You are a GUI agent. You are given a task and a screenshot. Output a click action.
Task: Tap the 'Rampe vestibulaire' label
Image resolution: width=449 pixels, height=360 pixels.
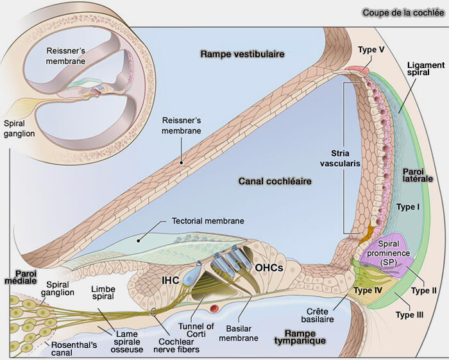(242, 55)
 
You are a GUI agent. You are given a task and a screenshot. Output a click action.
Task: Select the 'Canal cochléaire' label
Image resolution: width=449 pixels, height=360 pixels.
(274, 182)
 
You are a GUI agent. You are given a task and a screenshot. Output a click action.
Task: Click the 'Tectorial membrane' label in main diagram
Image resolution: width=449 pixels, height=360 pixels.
(208, 220)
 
